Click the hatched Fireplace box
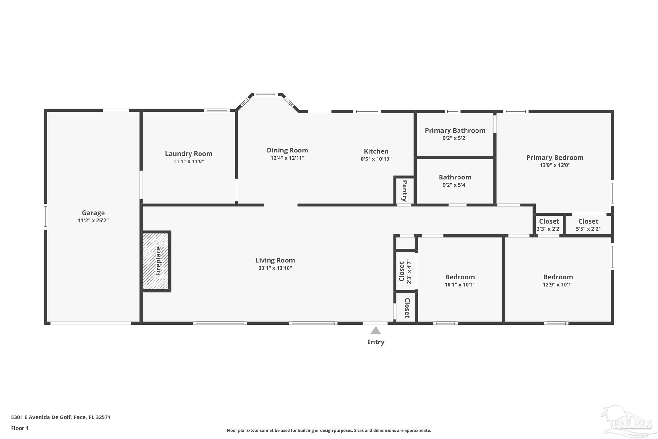pyautogui.click(x=156, y=261)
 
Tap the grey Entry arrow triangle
pyautogui.click(x=376, y=330)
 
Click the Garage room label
pyautogui.click(x=93, y=213)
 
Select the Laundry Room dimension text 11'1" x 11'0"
pyautogui.click(x=189, y=161)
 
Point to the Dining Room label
pyautogui.click(x=287, y=150)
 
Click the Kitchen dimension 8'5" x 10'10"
pyautogui.click(x=376, y=159)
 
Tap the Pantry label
pyautogui.click(x=405, y=191)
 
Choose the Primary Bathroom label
pyautogui.click(x=455, y=130)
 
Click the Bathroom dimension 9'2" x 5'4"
pyautogui.click(x=455, y=185)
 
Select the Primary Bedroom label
pyautogui.click(x=555, y=157)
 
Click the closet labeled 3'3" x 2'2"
pyautogui.click(x=549, y=224)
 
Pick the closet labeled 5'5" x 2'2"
pyautogui.click(x=588, y=224)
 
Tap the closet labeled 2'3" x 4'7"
pyautogui.click(x=405, y=272)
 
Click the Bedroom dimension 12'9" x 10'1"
pyautogui.click(x=558, y=285)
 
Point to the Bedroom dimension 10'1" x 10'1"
pyautogui.click(x=460, y=285)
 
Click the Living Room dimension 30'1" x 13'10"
pyautogui.click(x=275, y=268)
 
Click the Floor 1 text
pyautogui.click(x=20, y=428)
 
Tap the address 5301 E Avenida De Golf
pyautogui.click(x=41, y=417)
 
